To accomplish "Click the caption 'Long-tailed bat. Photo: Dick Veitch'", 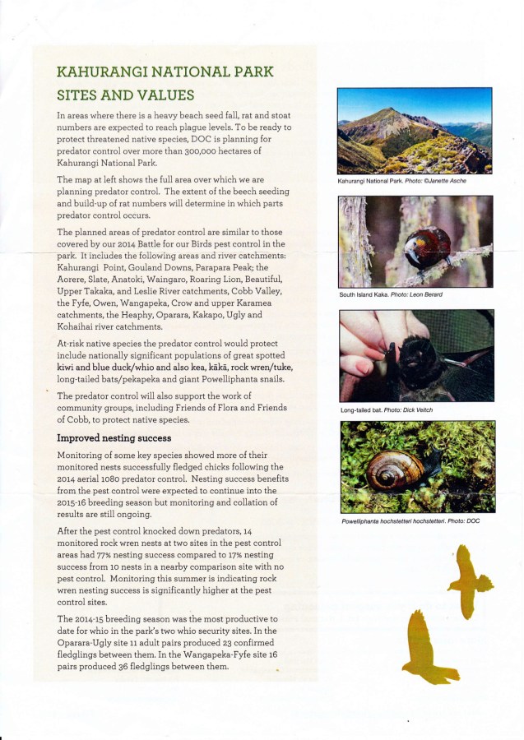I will coord(386,409).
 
